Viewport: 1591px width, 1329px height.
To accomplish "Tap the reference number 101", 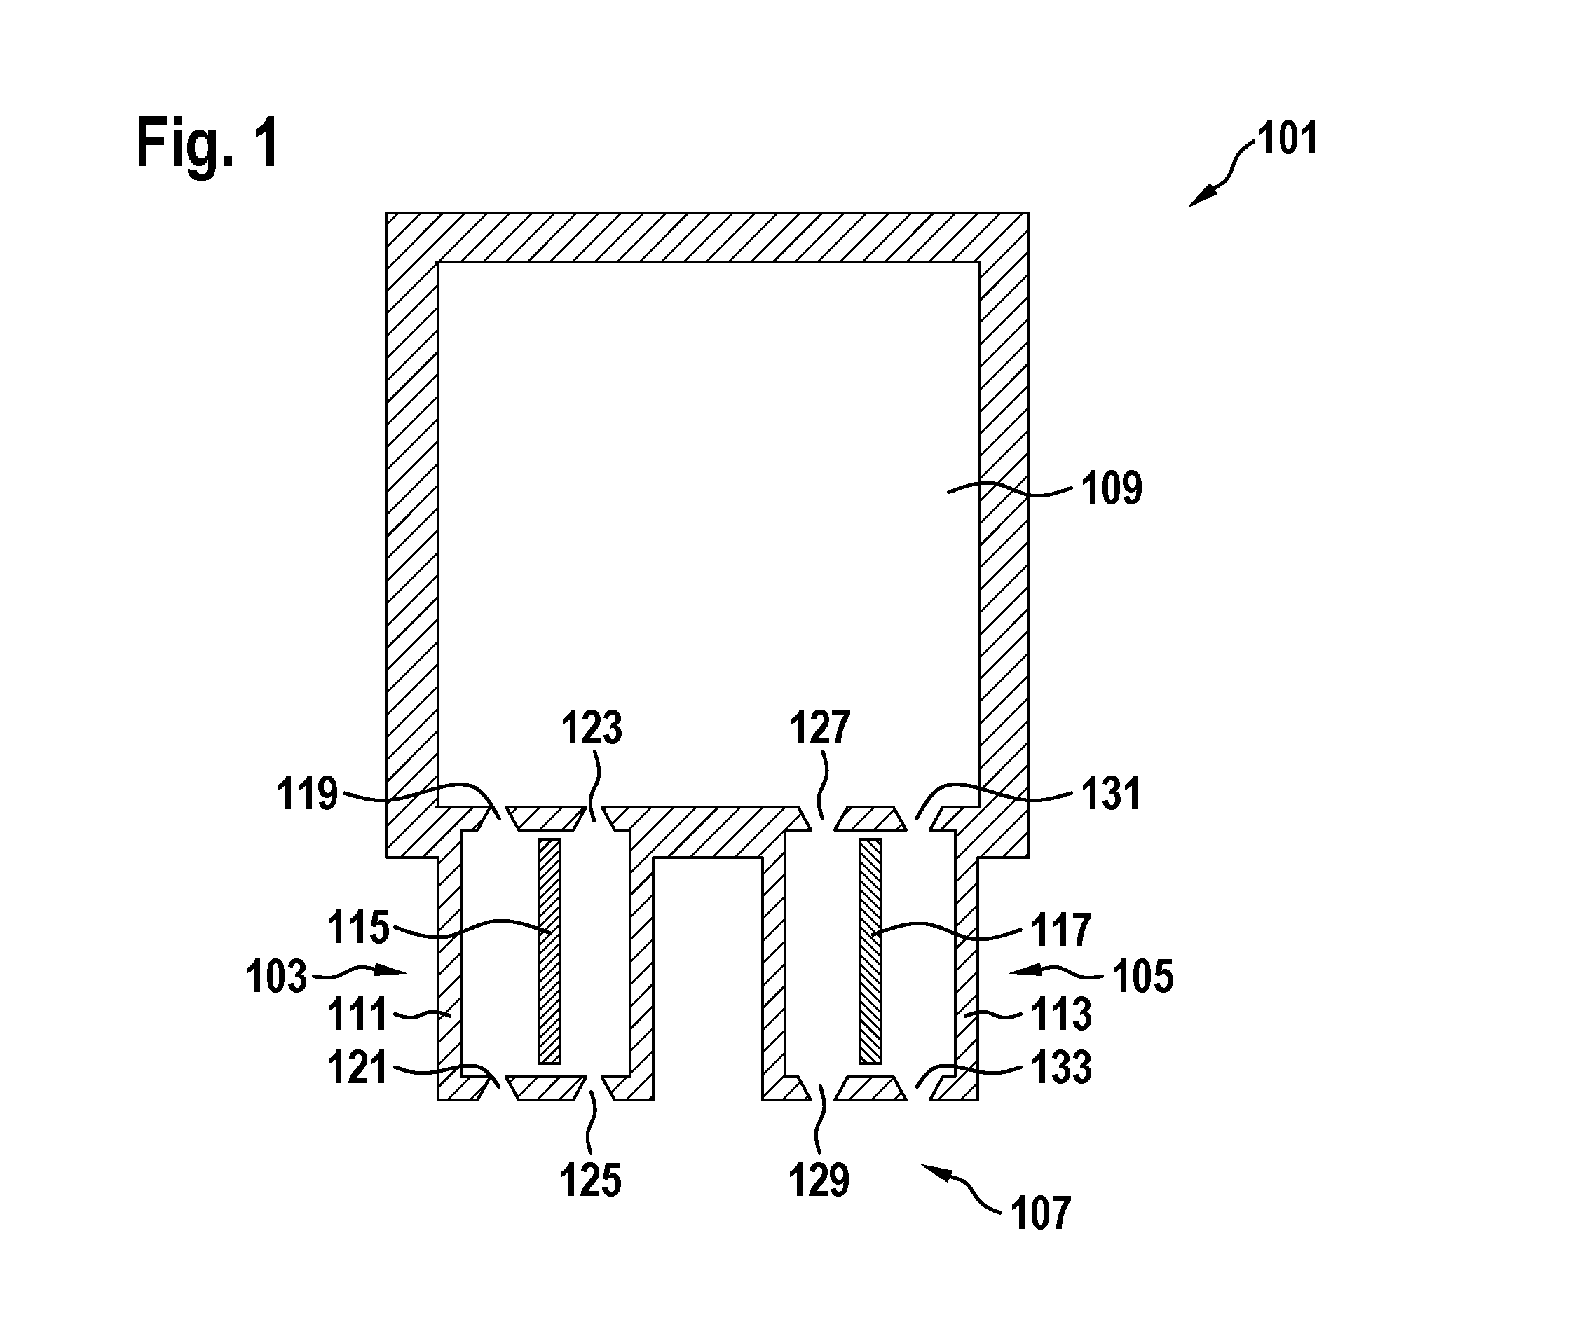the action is tap(1288, 139).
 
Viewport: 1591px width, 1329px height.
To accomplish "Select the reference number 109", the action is tap(1112, 488).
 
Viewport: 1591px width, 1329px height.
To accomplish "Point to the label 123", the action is tap(592, 728).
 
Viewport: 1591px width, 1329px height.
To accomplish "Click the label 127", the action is tap(820, 728).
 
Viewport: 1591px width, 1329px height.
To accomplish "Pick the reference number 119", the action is tap(307, 794).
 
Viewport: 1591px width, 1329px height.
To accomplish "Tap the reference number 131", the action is tap(1111, 794).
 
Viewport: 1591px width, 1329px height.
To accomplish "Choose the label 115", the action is tap(358, 928).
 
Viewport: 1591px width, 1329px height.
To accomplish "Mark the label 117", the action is tap(1060, 929).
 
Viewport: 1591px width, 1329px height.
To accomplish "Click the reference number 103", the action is tap(277, 976).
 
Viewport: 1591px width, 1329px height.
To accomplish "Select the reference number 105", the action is tap(1143, 976).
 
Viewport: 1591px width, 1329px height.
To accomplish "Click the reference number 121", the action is tap(357, 1068).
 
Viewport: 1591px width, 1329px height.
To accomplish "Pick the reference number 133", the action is tap(1060, 1068).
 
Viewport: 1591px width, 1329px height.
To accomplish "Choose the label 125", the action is tap(591, 1180).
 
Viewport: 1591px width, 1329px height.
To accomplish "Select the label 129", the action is tap(819, 1180).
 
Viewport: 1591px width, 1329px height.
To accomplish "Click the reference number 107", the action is tap(1041, 1213).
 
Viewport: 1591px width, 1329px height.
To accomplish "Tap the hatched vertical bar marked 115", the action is tap(549, 951).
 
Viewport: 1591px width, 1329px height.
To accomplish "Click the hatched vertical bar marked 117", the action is tap(871, 951).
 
